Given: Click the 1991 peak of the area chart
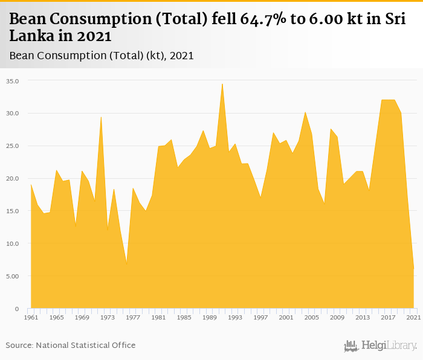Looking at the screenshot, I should pos(222,84).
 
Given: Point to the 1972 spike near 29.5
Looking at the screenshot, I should pos(101,117).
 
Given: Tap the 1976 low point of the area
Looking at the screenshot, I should pos(126,264).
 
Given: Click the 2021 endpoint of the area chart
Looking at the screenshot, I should pos(413,269).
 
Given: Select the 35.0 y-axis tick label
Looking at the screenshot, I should pos(13,81).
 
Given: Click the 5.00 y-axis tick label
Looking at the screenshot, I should pos(13,276).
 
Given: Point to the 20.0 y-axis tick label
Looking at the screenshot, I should pos(13,179).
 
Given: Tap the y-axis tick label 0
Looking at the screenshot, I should pos(17,309).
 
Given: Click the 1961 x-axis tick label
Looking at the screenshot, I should pos(31,318).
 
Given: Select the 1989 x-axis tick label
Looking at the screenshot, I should pos(210,318).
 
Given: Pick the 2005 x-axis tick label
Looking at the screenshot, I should pos(312,318).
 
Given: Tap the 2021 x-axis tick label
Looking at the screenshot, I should pos(413,318).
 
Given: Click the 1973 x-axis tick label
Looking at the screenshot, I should pos(108,318).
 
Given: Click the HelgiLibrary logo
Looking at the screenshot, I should pos(380,346).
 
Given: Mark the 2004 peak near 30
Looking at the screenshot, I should pos(305,112).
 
